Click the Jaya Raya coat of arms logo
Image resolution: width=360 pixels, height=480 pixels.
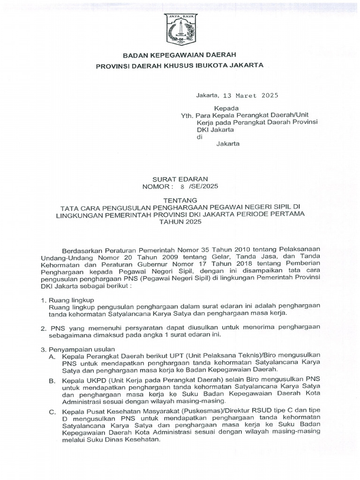(x=180, y=29)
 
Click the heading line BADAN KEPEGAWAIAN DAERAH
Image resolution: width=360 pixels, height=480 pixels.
(x=180, y=55)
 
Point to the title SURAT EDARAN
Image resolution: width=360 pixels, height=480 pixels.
(x=180, y=179)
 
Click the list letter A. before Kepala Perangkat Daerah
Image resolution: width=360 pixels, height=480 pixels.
(x=52, y=357)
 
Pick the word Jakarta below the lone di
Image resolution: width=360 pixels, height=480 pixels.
(x=228, y=144)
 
